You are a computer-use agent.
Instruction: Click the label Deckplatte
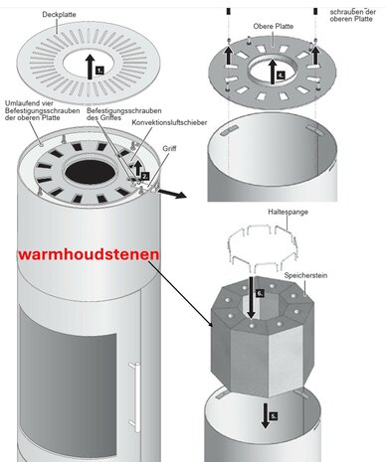(59, 15)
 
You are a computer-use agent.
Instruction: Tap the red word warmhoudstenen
(89, 254)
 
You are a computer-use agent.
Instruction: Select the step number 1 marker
(99, 71)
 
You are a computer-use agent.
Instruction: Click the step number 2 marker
(145, 176)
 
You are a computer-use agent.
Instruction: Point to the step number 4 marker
(281, 76)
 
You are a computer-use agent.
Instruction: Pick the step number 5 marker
(274, 416)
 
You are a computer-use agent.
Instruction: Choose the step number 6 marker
(260, 293)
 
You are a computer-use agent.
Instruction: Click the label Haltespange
(288, 212)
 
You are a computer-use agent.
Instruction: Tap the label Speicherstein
(305, 275)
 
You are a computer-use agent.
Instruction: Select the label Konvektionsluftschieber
(169, 122)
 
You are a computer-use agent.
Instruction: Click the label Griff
(169, 149)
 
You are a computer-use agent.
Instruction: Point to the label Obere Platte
(274, 26)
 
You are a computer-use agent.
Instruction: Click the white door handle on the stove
(135, 397)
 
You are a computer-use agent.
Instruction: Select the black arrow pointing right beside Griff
(172, 194)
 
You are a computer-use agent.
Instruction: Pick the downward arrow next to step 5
(265, 415)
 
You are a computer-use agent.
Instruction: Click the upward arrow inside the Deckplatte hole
(90, 68)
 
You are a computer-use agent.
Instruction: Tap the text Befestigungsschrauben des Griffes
(124, 114)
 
